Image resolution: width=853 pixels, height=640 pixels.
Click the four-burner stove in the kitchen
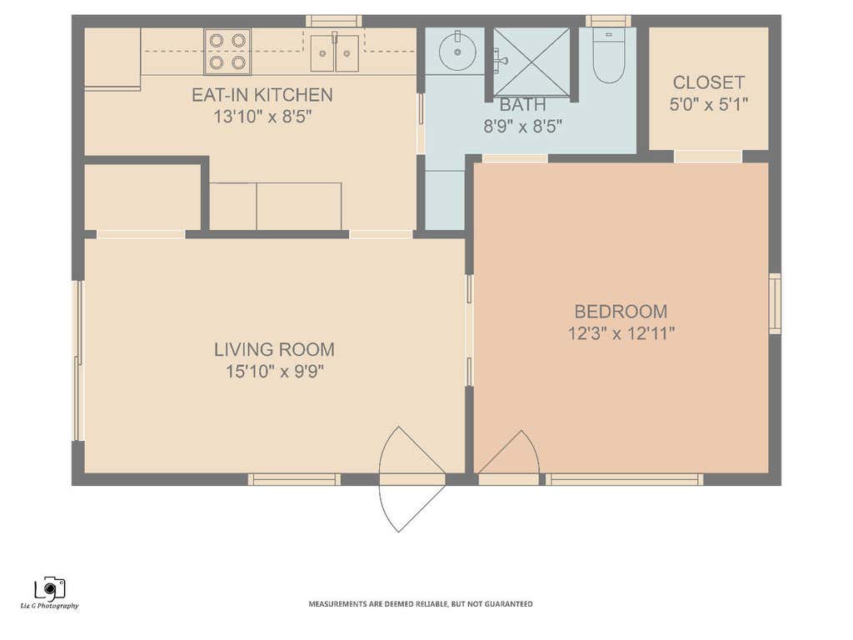pos(227,52)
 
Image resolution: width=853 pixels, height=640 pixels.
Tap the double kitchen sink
pos(335,52)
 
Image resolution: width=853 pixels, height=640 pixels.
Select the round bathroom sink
pos(457,51)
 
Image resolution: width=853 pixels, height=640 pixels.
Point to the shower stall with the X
pos(531,62)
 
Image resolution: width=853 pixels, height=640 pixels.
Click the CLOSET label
pos(708,82)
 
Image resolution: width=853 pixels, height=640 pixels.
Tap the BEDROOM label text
pos(621,312)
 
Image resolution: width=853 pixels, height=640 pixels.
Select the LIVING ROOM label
pos(274,349)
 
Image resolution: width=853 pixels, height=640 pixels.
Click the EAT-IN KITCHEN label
pos(262,95)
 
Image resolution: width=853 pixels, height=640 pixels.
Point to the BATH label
pos(522,104)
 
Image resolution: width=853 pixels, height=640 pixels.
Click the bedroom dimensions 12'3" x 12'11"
pos(621,333)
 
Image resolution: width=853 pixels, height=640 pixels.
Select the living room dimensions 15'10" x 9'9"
pos(275,372)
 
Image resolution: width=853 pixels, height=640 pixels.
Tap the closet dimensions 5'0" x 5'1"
pos(708,104)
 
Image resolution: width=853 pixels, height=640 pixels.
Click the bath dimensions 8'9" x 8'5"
pos(522,127)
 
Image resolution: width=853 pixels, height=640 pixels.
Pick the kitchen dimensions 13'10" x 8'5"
pos(262,117)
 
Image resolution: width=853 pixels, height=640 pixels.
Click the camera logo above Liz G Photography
pos(50,587)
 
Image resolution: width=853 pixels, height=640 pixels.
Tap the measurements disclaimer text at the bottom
pos(421,604)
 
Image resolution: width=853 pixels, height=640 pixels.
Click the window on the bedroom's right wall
pos(775,303)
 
